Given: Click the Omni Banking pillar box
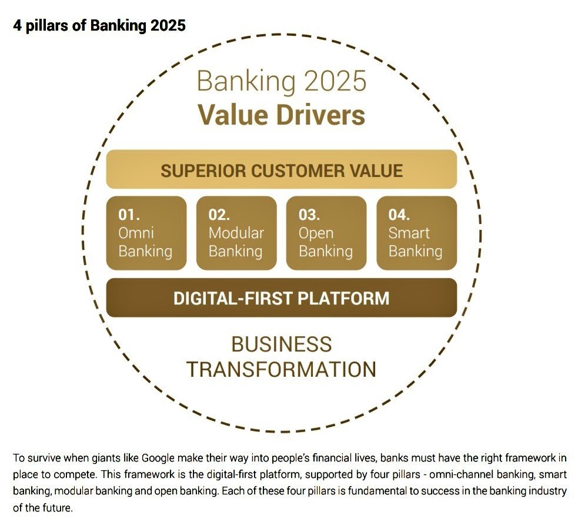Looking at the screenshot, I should pos(146,233).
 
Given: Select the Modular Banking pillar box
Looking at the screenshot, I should pos(236,233).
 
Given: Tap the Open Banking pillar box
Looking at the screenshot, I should pos(326,233).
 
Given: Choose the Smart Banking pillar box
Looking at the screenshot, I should pos(416,233).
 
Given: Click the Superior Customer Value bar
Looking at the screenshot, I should pos(282,170).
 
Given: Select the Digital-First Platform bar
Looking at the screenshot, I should pos(282,298).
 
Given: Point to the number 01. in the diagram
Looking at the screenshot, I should pos(129,215).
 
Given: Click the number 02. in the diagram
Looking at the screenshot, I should pos(219,215).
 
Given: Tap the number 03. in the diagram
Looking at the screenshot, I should pos(309,215).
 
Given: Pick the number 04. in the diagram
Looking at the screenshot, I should pos(399,215).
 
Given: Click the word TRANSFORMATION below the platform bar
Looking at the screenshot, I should pos(282,369).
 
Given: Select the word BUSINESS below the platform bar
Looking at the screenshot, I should pos(282,344).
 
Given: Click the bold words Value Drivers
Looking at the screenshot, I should pos(282,115).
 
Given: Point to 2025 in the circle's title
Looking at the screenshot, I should pos(332,81).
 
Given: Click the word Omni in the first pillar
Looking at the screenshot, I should pos(136,233).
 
